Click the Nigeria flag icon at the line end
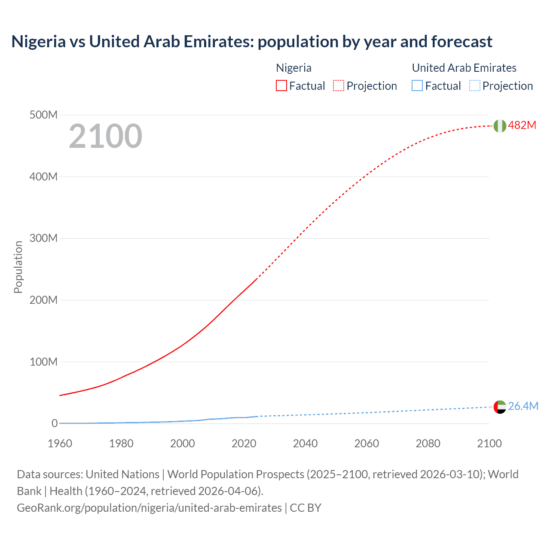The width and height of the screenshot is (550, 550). (500, 126)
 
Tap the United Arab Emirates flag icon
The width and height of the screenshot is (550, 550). (500, 407)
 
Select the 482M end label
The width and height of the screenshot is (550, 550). (522, 125)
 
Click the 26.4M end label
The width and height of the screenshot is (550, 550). (523, 406)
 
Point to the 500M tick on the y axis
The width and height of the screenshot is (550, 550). (43, 115)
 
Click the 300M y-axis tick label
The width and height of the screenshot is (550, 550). (43, 238)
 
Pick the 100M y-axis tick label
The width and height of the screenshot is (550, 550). (43, 362)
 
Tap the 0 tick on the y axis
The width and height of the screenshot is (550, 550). (55, 424)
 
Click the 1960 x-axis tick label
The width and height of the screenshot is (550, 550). (60, 443)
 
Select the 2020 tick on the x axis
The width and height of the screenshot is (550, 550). (244, 443)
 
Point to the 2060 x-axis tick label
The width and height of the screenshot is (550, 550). (367, 443)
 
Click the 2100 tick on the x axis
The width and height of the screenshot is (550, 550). (489, 443)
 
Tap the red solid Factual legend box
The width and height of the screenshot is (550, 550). (281, 86)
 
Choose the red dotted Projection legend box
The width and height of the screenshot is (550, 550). (339, 86)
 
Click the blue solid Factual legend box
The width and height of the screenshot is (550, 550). (417, 86)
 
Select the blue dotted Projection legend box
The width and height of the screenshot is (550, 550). (475, 86)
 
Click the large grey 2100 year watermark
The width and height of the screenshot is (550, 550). (105, 136)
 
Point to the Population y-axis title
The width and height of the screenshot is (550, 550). (18, 267)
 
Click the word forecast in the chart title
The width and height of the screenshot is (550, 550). (461, 42)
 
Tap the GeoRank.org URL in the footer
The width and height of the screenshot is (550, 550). (149, 508)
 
